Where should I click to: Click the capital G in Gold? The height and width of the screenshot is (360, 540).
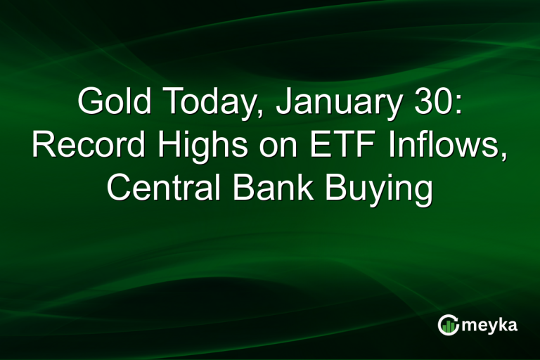[89, 103]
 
